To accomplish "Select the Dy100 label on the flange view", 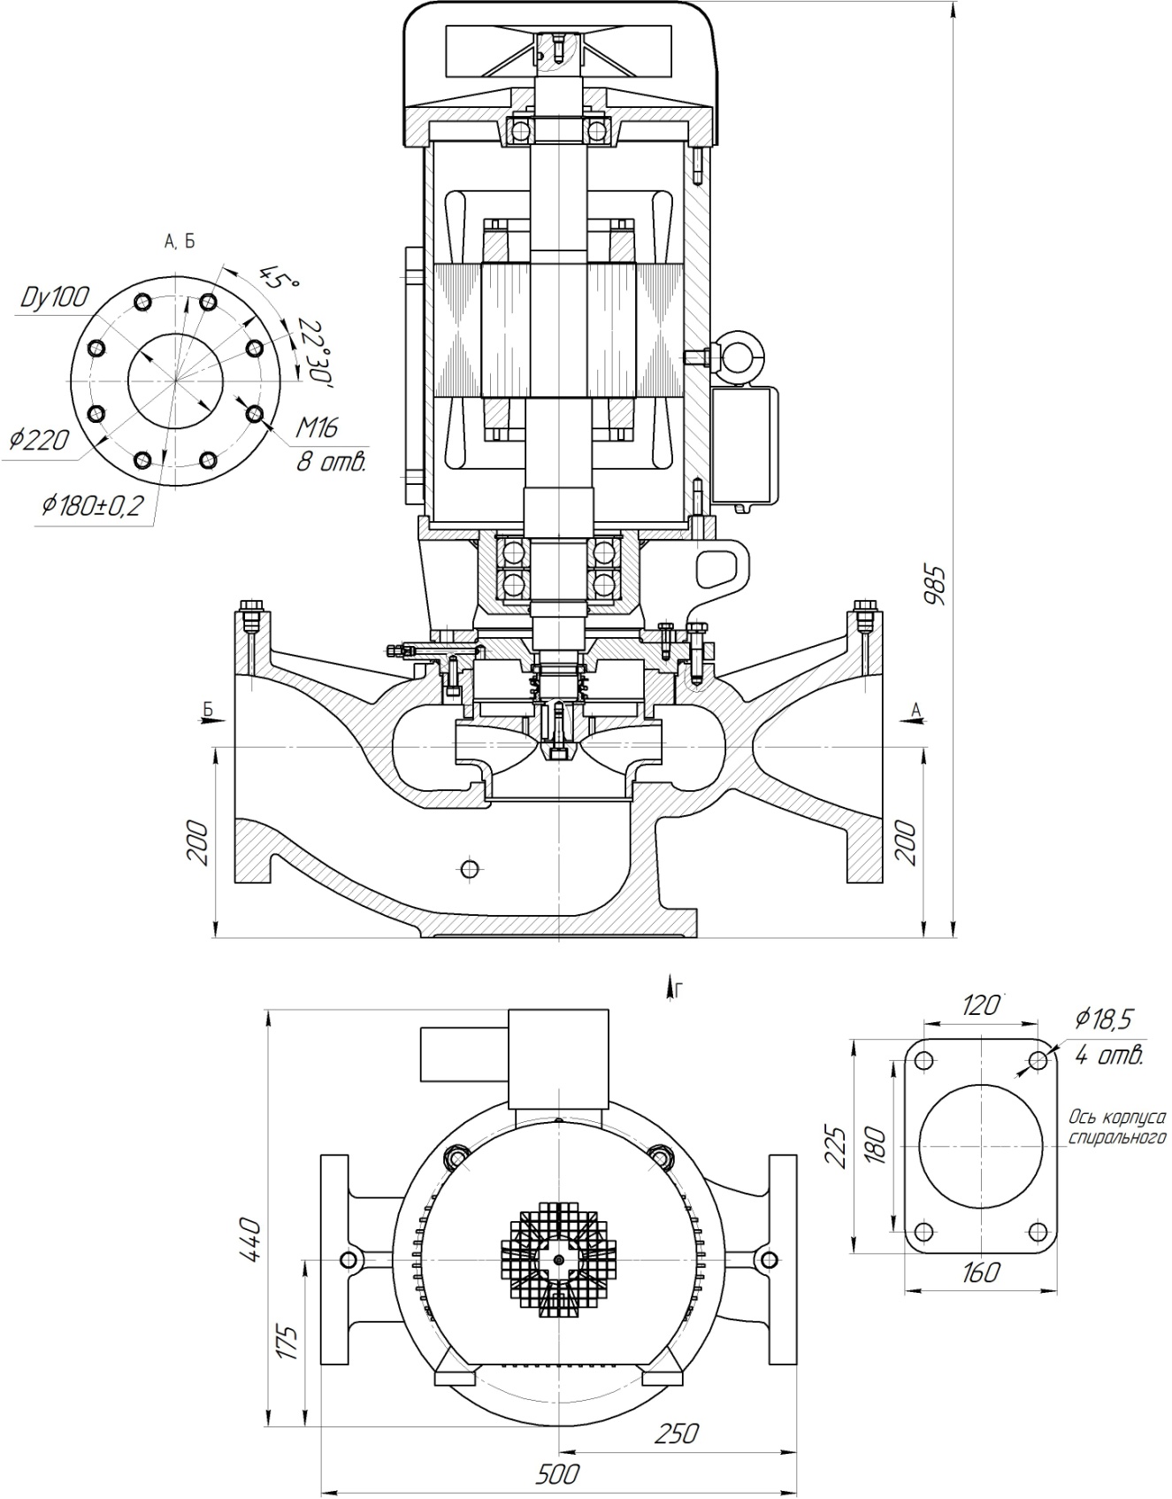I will coord(55,297).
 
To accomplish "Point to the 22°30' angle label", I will coord(315,351).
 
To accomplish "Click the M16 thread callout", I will coord(316,430).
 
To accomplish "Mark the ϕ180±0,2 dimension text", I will coord(92,506).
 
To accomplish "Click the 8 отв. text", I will coord(330,462).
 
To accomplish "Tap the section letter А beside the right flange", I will coord(915,708).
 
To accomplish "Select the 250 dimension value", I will coord(678,1433).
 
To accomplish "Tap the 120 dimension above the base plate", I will coord(979,1005).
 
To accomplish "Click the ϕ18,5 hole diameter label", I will coord(1103,1019).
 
